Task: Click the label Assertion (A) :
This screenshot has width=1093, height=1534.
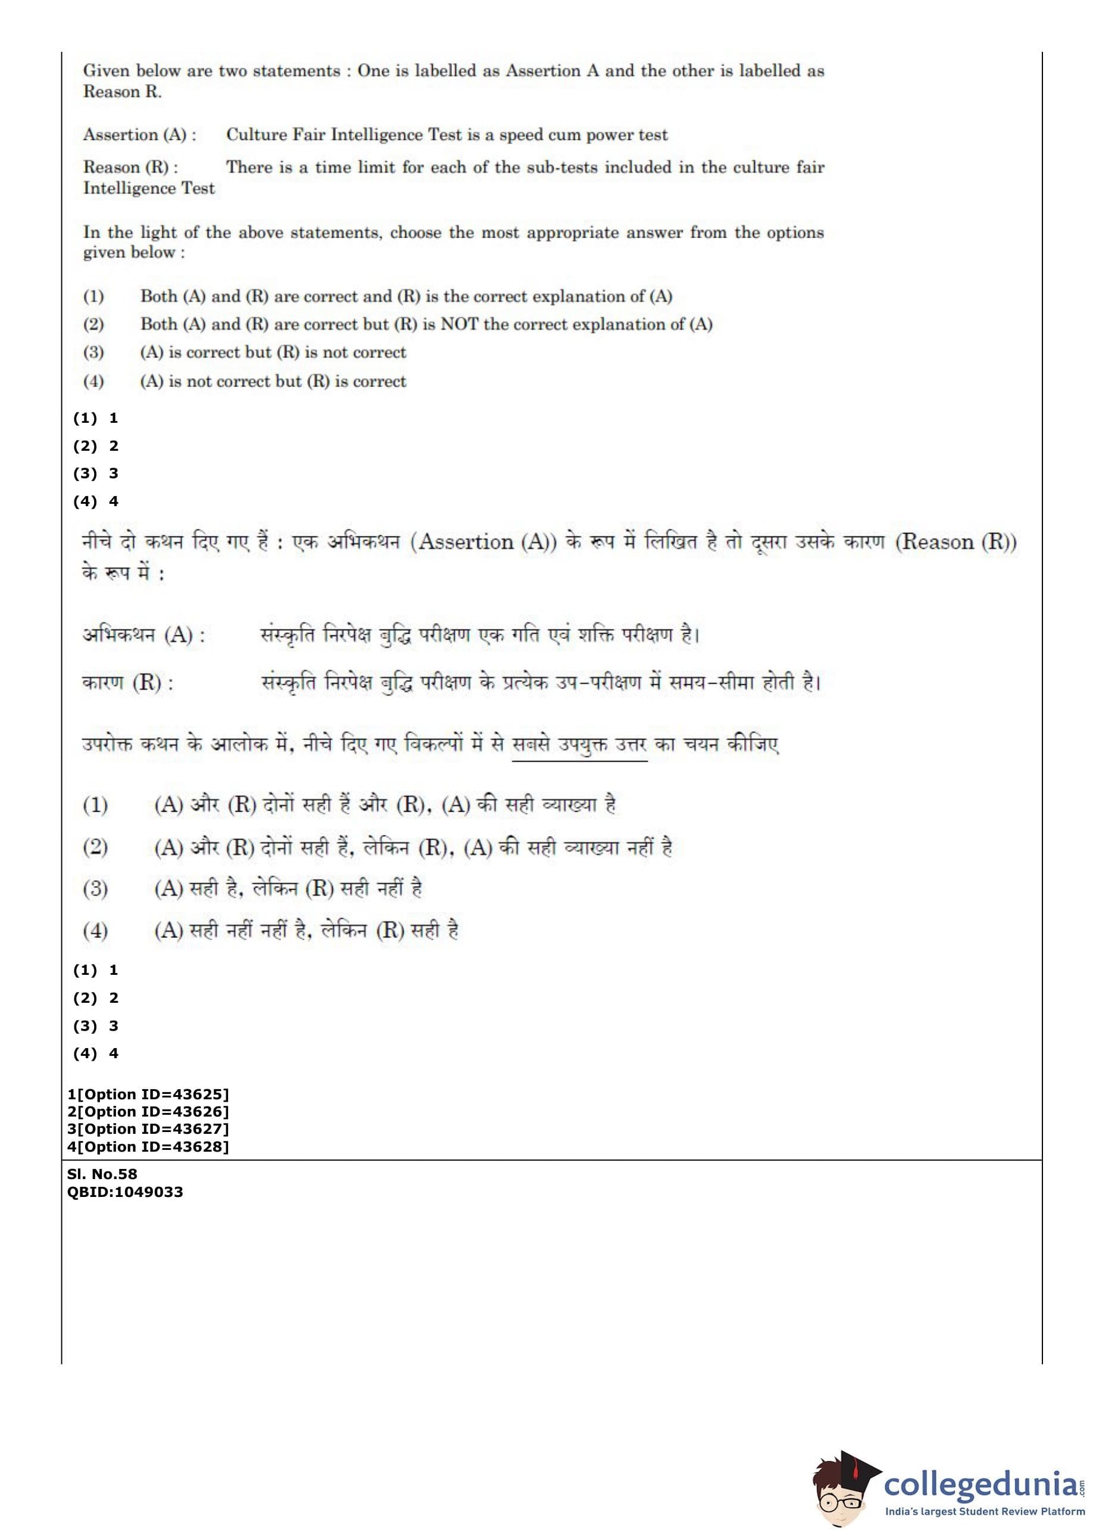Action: pos(140,135)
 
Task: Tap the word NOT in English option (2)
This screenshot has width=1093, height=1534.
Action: pos(459,324)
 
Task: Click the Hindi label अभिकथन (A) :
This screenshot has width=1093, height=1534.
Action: pos(144,634)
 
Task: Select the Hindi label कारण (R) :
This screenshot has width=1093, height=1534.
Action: pos(128,682)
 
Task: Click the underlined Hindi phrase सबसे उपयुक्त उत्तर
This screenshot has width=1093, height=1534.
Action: pos(579,744)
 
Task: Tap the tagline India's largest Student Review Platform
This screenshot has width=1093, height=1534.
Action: pos(985,1512)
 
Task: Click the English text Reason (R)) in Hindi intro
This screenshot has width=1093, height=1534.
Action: pos(955,542)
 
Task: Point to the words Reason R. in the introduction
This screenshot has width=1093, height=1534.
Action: pos(123,92)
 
